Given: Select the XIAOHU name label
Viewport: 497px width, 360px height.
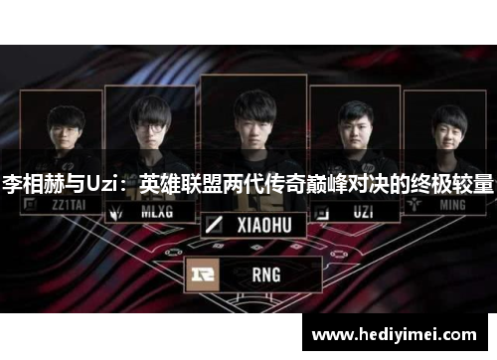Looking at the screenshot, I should (262, 226).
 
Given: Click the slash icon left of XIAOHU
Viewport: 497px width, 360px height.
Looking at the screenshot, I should (214, 226).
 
